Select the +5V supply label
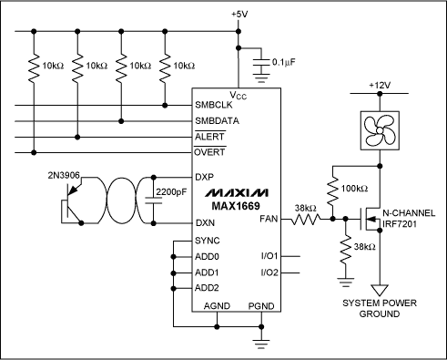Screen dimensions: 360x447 (x=239, y=15)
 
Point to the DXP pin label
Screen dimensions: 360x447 (x=205, y=178)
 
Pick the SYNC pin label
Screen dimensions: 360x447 (x=208, y=240)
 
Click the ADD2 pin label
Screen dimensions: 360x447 (x=208, y=288)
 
